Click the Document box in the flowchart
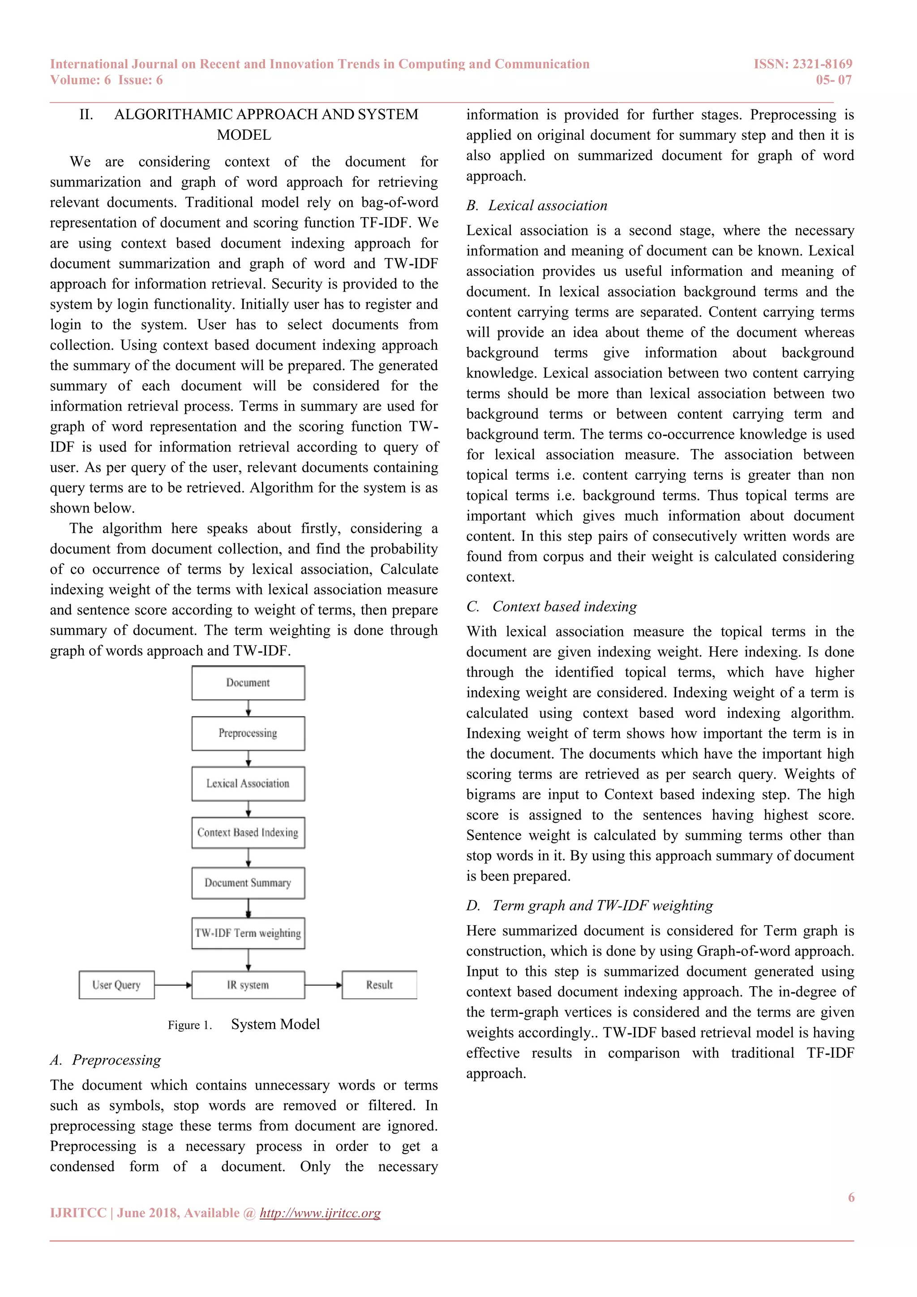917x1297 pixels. point(248,683)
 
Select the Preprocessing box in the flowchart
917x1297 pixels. point(248,733)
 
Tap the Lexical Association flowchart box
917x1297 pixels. point(248,783)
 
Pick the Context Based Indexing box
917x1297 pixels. point(248,833)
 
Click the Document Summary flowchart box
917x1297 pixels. point(248,883)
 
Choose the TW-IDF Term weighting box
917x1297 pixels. point(248,933)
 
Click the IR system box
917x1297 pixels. point(248,985)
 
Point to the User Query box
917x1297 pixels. point(116,985)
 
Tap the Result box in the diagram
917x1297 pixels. point(379,985)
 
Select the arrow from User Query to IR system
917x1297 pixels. point(173,985)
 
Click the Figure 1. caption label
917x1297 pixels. point(190,1025)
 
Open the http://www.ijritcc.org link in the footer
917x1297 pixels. point(320,1213)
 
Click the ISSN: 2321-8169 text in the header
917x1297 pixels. point(802,64)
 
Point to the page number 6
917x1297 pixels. point(851,1197)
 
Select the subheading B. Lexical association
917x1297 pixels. point(536,206)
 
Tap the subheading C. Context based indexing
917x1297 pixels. point(551,607)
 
